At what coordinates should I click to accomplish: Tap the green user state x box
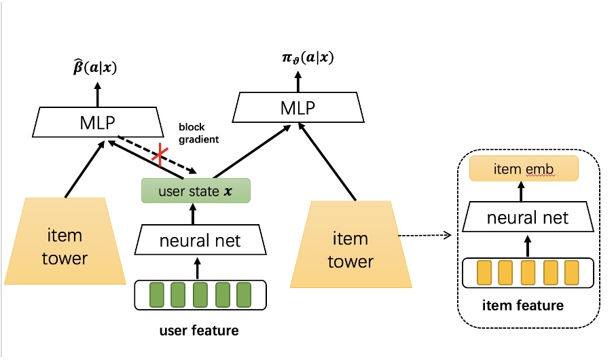coord(196,191)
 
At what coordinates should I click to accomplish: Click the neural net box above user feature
coord(199,240)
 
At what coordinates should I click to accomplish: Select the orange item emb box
coord(523,168)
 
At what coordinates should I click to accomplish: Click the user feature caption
coord(198,331)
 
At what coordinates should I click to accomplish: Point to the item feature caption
coord(522,306)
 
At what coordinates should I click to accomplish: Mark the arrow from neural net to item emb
coord(523,193)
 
